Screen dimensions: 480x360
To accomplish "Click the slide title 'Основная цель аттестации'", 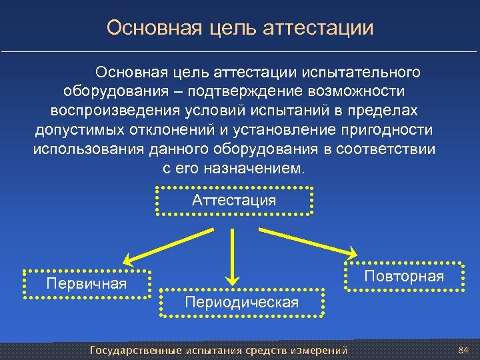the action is point(240,28).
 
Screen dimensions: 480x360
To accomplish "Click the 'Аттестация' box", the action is point(233,200).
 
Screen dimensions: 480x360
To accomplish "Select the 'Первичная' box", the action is point(87,284).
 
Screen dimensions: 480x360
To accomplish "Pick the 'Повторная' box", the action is point(403,277).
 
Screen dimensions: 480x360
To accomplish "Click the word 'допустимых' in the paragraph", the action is point(71,129).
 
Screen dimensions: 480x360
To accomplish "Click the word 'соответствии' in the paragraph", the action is point(387,149).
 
